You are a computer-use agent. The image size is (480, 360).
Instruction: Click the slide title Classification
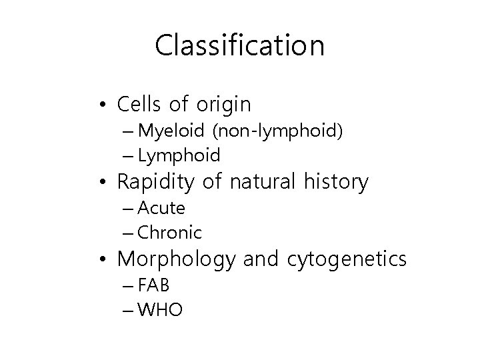(x=240, y=45)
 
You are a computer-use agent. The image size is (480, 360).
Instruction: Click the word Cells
(x=140, y=104)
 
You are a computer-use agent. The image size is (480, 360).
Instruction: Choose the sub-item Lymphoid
(x=179, y=156)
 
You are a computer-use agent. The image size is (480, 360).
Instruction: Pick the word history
(x=335, y=182)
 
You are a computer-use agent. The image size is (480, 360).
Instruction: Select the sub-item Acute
(x=161, y=208)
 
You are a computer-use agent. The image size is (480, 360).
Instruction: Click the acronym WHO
(x=160, y=310)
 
